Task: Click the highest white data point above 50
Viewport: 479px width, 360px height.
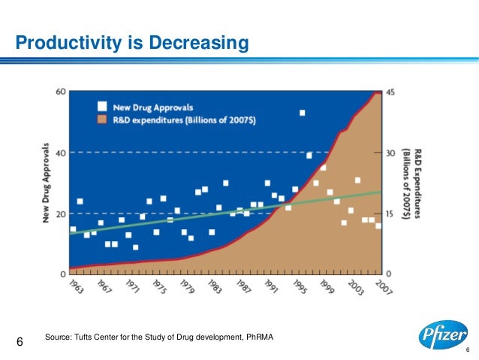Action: click(302, 113)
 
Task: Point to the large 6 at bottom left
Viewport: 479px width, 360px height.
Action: click(20, 343)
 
